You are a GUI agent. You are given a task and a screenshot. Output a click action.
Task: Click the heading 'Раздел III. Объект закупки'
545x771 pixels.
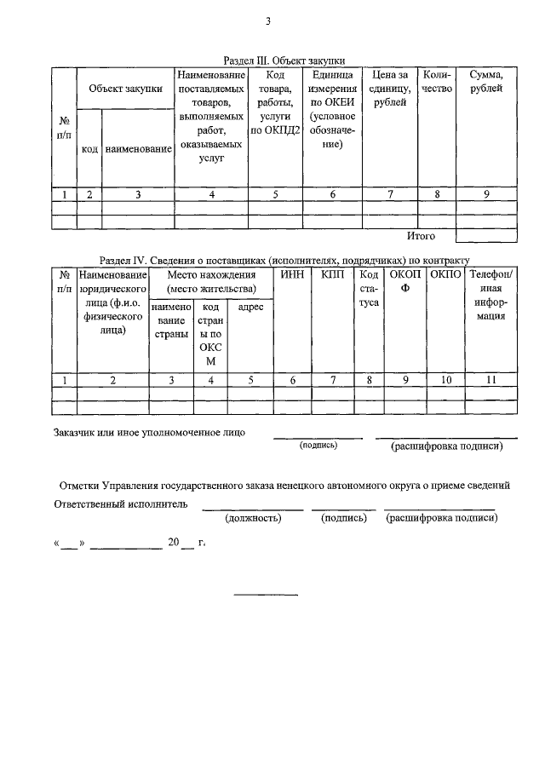289,60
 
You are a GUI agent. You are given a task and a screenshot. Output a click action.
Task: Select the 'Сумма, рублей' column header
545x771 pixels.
486,82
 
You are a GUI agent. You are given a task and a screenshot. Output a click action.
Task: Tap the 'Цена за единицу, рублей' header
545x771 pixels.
390,89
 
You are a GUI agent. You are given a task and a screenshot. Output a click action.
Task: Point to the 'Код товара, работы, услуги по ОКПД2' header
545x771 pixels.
274,103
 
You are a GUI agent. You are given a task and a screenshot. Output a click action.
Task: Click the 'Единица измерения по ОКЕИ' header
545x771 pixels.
332,110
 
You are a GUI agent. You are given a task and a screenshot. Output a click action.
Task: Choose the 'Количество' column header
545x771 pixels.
437,82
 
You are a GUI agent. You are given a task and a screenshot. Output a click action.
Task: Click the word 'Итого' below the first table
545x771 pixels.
421,235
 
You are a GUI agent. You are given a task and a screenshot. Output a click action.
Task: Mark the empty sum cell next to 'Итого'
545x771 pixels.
486,235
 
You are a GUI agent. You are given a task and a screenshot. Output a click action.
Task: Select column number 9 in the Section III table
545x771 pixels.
486,194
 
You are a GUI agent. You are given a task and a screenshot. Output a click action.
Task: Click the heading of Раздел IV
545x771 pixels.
284,259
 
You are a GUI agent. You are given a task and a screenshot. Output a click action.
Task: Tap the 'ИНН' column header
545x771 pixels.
291,274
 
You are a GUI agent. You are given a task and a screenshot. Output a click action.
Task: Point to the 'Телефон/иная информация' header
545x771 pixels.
490,295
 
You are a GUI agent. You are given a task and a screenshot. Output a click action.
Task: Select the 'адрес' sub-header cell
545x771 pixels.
250,307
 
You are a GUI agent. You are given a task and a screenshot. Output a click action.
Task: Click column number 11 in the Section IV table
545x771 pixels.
490,380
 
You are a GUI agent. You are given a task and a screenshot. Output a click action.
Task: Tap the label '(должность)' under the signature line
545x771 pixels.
252,518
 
